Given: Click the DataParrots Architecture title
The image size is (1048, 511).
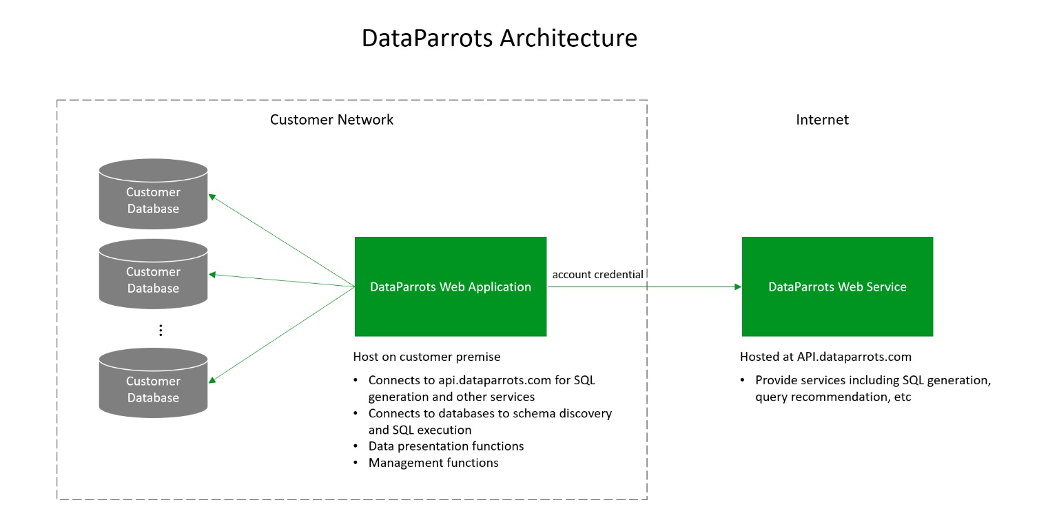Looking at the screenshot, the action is (x=500, y=38).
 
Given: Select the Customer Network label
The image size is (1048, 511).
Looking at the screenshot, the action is (x=331, y=120).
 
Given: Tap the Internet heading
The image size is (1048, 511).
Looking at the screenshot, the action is (x=822, y=120).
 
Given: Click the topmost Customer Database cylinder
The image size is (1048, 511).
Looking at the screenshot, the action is (x=153, y=194).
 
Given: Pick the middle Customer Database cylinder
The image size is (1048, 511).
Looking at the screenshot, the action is (x=153, y=274).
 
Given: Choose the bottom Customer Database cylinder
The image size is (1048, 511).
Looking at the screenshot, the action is (x=153, y=383).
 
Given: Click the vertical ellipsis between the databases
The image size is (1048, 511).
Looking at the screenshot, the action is (x=161, y=331).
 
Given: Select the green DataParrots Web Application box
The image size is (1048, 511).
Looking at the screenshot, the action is (x=451, y=286).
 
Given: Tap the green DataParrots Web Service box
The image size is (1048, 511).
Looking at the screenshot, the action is (x=837, y=286).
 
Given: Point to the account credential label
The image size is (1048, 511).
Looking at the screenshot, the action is (x=597, y=274).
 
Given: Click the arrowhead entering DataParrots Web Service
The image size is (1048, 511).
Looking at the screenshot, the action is (x=738, y=286).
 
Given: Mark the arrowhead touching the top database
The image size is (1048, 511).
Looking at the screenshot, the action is (x=212, y=197).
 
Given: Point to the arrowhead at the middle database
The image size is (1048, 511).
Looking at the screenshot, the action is (x=212, y=274).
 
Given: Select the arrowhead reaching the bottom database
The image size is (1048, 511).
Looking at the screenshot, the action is (x=212, y=380).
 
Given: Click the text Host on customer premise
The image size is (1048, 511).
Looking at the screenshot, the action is (x=427, y=357).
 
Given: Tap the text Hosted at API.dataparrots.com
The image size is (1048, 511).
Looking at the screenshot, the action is (x=825, y=357).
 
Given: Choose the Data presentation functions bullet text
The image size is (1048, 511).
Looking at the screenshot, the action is (x=446, y=446).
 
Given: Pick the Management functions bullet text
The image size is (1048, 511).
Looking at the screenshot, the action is (x=433, y=463).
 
